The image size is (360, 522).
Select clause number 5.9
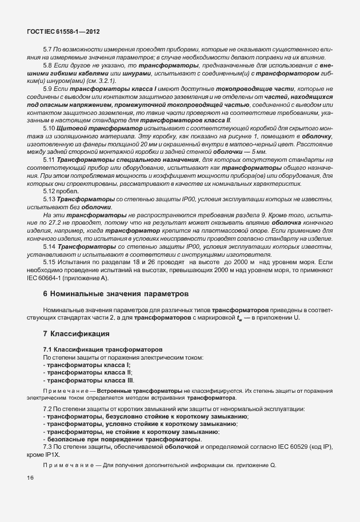(48, 90)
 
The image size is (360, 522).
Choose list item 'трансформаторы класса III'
(90, 380)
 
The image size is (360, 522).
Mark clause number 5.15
(50, 261)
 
